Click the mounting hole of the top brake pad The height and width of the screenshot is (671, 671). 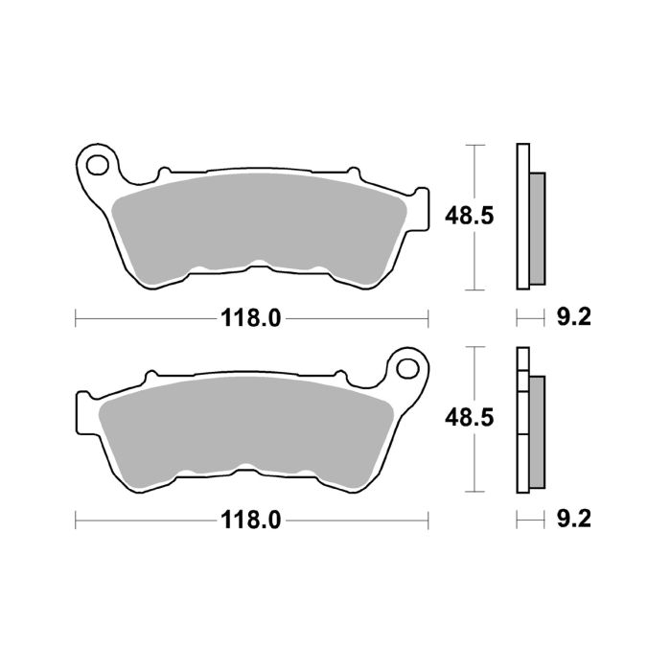pyautogui.click(x=97, y=163)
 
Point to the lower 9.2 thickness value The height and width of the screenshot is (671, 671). pyautogui.click(x=574, y=521)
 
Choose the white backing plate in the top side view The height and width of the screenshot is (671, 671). pyautogui.click(x=522, y=216)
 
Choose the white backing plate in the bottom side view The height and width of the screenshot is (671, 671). pyautogui.click(x=522, y=422)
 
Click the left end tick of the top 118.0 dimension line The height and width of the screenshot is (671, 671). pyautogui.click(x=76, y=318)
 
